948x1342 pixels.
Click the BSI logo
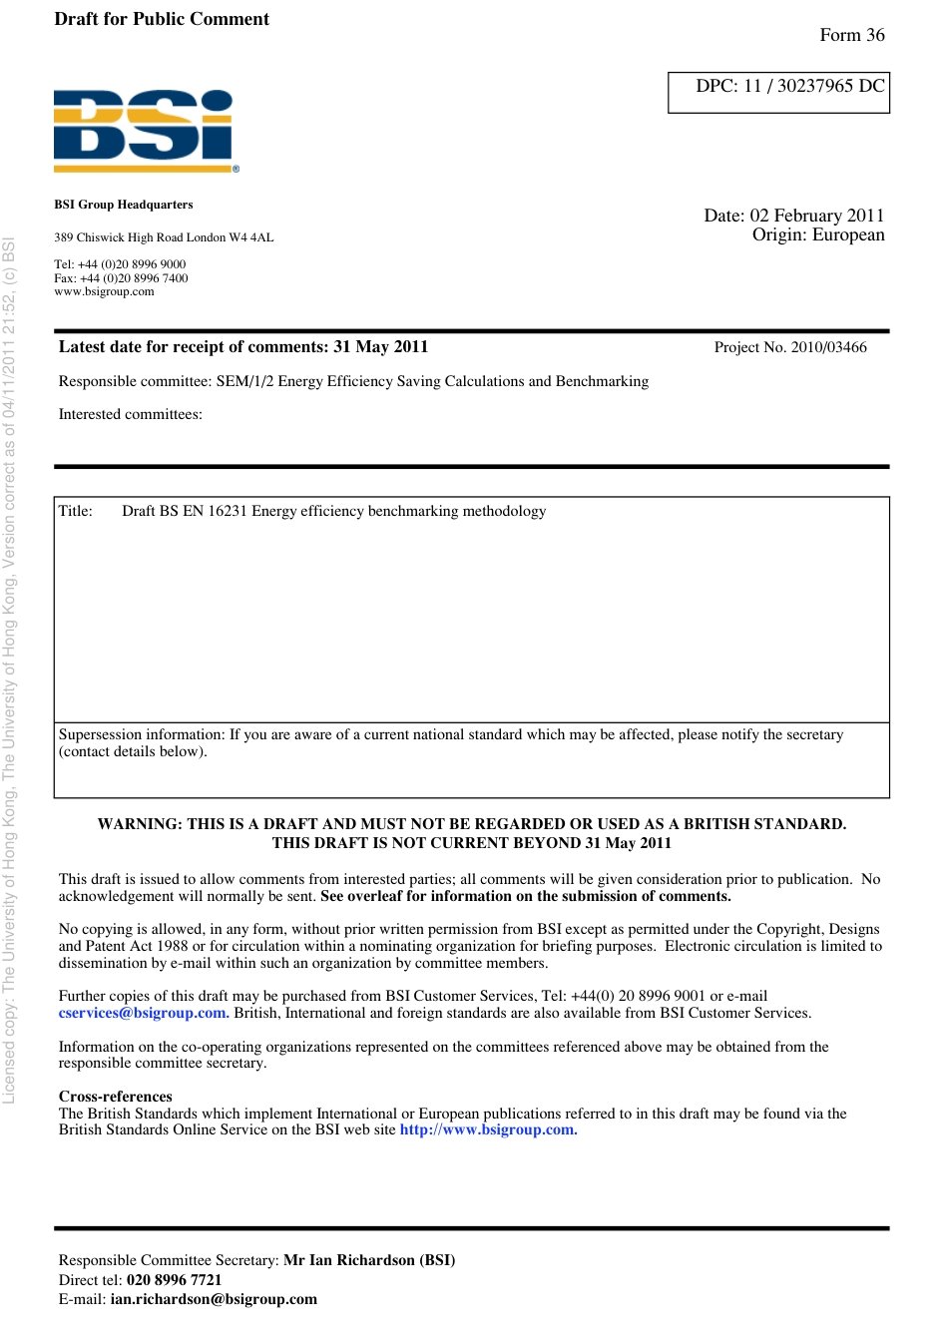click(x=146, y=130)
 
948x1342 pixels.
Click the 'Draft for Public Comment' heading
click(x=162, y=19)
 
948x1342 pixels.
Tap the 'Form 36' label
click(x=851, y=35)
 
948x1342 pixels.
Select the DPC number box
click(x=778, y=92)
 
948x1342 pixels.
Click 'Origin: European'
click(x=818, y=234)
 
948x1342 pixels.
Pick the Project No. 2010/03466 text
click(x=790, y=347)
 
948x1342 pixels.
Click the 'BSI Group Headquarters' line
click(x=124, y=205)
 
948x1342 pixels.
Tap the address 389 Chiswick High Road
click(x=164, y=237)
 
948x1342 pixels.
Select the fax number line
click(x=121, y=278)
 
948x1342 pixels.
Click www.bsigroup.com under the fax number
click(x=104, y=291)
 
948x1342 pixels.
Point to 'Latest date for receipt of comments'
click(x=243, y=347)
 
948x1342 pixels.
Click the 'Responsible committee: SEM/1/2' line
click(x=353, y=381)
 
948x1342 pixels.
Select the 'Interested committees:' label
click(x=131, y=414)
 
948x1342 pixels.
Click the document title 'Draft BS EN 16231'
click(x=333, y=511)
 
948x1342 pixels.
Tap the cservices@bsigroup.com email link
click(x=144, y=1013)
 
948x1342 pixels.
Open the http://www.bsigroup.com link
click(x=488, y=1129)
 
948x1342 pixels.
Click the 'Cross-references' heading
click(x=116, y=1097)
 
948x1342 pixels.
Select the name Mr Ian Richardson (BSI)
click(x=369, y=1260)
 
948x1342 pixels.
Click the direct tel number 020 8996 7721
click(x=174, y=1280)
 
